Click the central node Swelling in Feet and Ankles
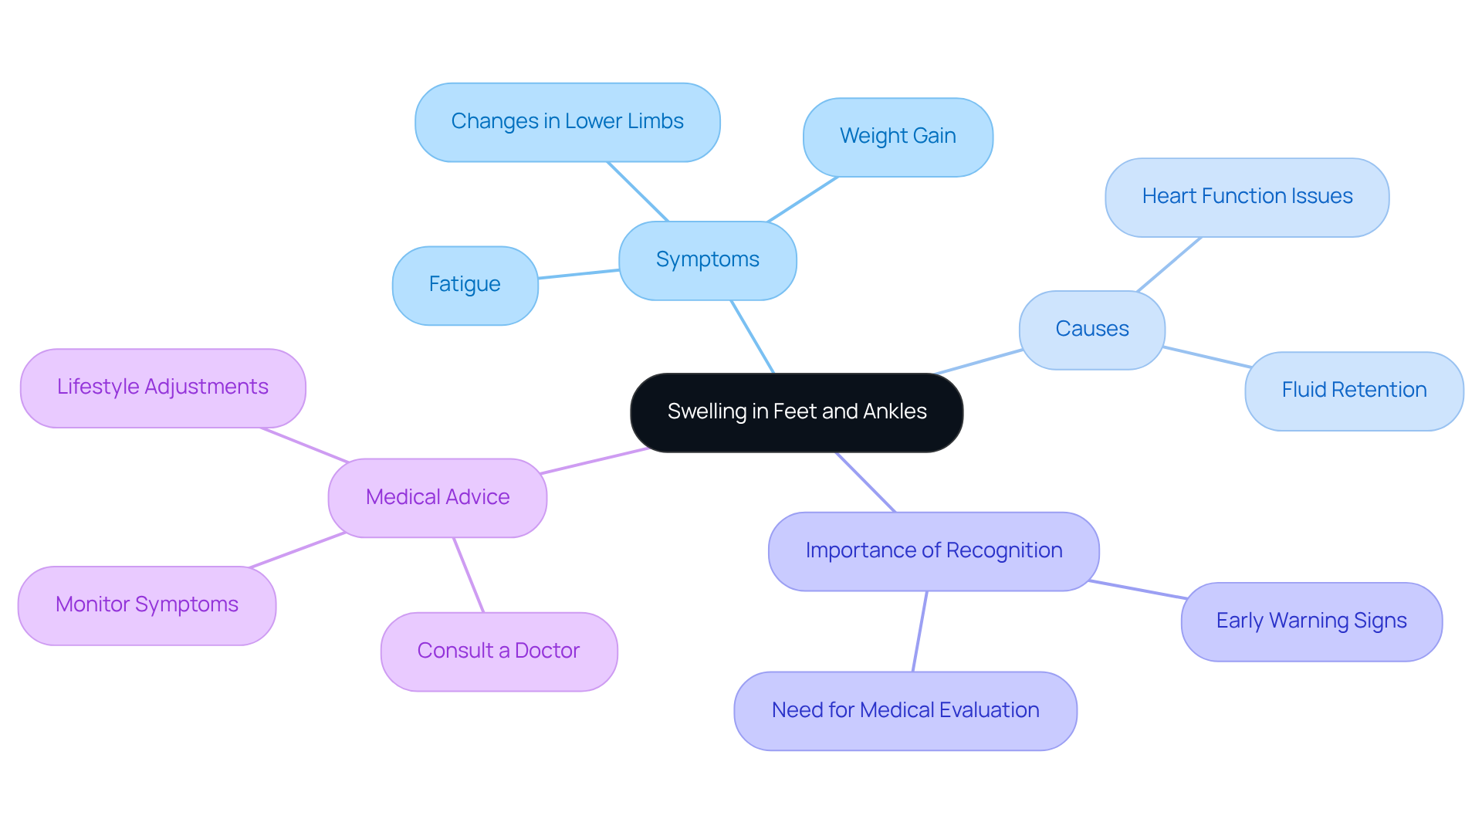pos(796,412)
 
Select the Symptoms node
pos(707,260)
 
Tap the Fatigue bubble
pos(465,285)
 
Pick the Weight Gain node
pos(898,137)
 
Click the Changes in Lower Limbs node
pos(567,122)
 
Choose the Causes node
pos(1091,330)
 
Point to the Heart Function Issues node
pos(1247,197)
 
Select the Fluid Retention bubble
pos(1354,391)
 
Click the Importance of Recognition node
pos(933,551)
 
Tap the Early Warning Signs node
pos(1311,621)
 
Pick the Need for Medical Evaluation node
pos(905,710)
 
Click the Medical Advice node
pos(437,498)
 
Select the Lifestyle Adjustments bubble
pos(163,388)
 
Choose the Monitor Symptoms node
pos(147,605)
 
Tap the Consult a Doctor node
pos(499,652)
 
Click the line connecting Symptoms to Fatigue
pos(579,274)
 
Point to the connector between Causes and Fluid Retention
pos(1206,357)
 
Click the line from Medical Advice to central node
pos(594,461)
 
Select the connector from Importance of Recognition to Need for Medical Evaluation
pos(919,631)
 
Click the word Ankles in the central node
pos(895,412)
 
